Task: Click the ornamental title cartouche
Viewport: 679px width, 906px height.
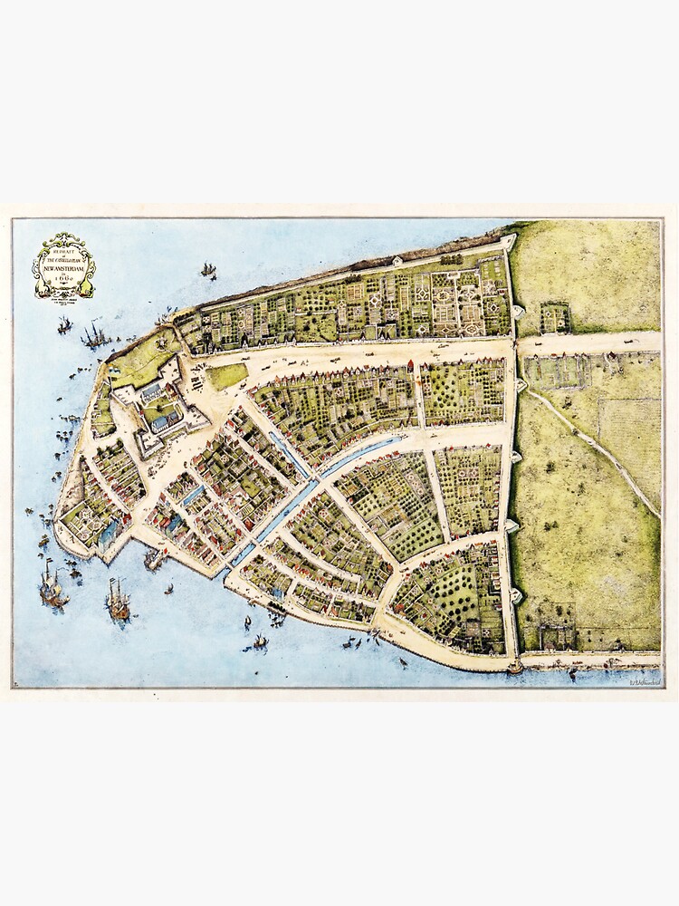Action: click(x=63, y=265)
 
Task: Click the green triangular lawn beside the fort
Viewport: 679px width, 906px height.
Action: click(x=226, y=375)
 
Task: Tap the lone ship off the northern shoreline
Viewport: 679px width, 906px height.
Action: click(x=208, y=269)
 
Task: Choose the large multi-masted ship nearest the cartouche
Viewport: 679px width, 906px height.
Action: click(x=94, y=337)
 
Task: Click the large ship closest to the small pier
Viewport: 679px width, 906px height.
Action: click(x=118, y=600)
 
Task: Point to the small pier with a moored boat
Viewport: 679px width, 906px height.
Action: click(x=154, y=560)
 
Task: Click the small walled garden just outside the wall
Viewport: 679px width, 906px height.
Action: click(x=555, y=318)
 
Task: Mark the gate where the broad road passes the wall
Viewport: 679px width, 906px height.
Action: click(x=518, y=346)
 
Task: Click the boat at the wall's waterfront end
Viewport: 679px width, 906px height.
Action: click(x=515, y=669)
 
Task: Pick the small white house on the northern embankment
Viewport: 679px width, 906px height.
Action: click(x=397, y=261)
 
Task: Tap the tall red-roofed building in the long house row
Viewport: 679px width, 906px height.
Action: click(x=410, y=367)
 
